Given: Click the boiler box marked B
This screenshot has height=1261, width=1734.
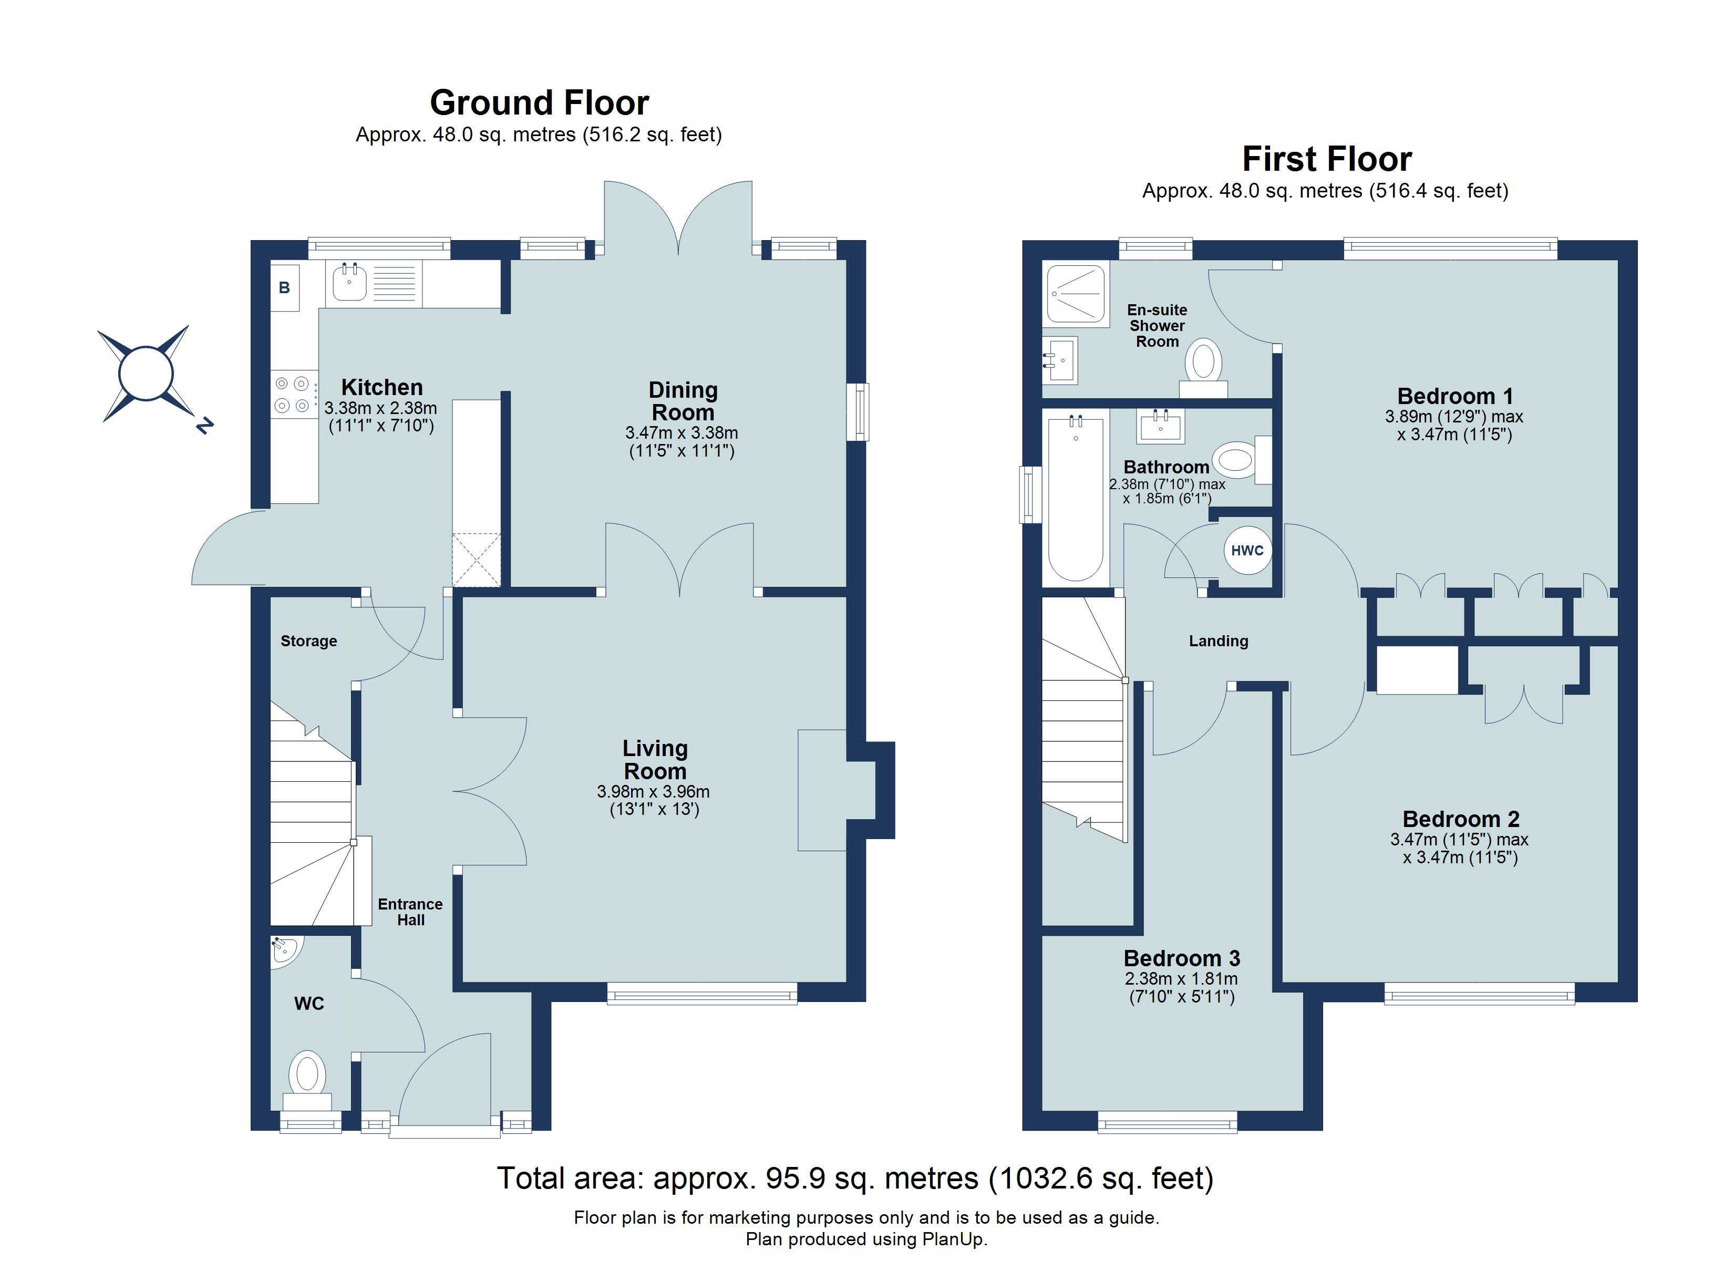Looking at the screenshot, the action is tap(284, 287).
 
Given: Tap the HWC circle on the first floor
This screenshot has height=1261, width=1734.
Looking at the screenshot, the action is tap(1247, 550).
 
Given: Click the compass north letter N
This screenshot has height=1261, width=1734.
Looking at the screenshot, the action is tap(203, 425).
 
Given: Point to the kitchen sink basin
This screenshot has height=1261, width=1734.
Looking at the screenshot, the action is tap(350, 283).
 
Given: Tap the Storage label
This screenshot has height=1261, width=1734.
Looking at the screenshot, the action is tap(309, 641).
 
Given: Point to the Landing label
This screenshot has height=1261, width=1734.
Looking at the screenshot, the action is tap(1219, 641).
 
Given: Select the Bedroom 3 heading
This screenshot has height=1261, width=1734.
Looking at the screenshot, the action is tap(1181, 958).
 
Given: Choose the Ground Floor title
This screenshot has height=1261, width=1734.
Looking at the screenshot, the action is tap(539, 102).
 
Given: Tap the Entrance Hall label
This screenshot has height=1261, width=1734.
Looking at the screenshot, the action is tap(410, 912).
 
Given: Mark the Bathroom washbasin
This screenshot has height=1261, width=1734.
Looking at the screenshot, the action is tap(1161, 426).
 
